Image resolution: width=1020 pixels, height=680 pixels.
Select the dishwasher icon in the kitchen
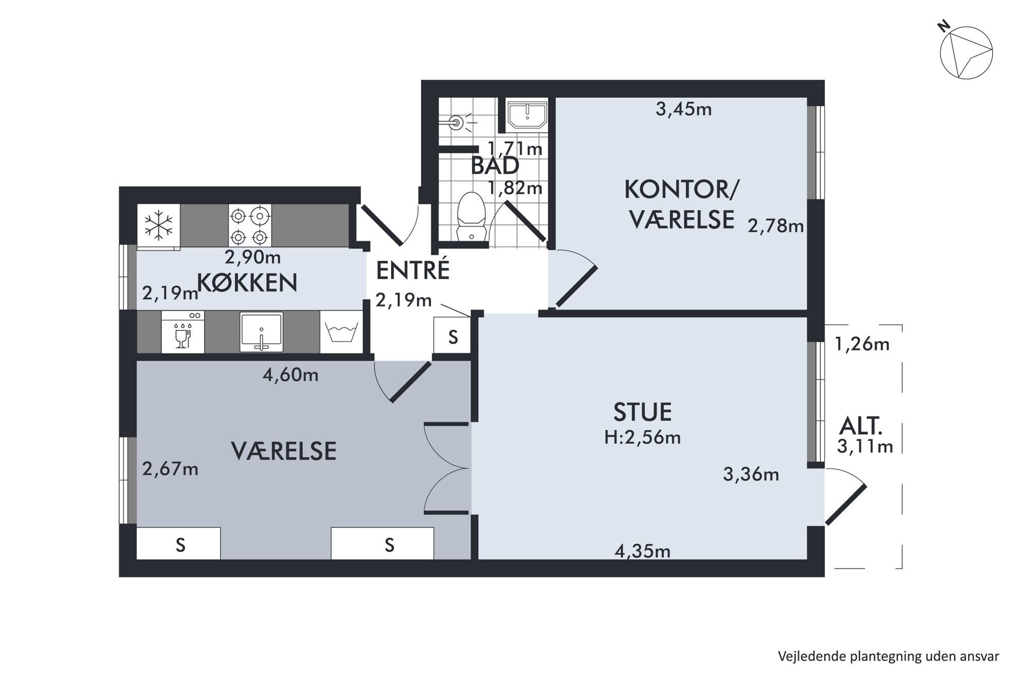183,332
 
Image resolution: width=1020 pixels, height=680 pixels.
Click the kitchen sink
261,332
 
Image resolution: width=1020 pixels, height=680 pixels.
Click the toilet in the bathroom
471,216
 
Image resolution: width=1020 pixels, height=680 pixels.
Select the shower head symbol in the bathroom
457,122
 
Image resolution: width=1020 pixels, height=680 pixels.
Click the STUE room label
643,412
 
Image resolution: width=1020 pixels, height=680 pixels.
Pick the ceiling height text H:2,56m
643,437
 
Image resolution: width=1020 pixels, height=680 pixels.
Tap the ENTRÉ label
413,270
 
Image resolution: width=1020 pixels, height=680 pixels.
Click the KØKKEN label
247,283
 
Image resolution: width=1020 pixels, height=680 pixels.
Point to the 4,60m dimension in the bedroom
290,375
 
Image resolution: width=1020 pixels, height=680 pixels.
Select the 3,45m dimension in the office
684,109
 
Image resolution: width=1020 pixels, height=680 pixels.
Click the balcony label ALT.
861,426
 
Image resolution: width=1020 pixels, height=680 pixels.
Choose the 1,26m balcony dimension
862,344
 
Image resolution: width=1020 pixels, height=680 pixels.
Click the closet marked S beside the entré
452,336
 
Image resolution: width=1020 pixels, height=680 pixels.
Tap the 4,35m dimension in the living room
643,552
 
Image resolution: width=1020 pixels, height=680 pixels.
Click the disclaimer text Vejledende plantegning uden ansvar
888,656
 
